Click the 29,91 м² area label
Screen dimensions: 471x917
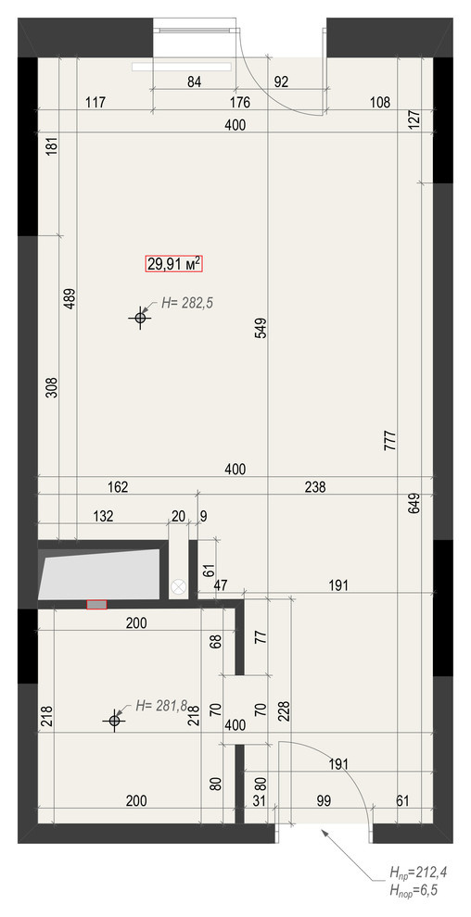[x=174, y=264]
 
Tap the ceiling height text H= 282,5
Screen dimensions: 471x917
[x=186, y=303]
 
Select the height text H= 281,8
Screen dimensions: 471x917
[x=161, y=705]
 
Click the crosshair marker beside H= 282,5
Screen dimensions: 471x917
[x=140, y=318]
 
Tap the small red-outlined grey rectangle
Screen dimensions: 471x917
[x=96, y=604]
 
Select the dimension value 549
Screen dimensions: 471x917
[x=261, y=329]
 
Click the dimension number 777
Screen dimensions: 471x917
[x=391, y=440]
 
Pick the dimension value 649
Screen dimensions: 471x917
[x=415, y=504]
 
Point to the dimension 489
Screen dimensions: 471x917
[x=70, y=298]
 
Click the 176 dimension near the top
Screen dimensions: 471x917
[x=240, y=103]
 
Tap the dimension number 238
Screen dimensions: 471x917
[x=315, y=486]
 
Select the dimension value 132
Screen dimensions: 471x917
[x=104, y=516]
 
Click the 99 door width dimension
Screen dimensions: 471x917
[x=324, y=800]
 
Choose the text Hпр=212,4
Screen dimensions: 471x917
[x=418, y=873]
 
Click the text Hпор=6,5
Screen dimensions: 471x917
[x=414, y=890]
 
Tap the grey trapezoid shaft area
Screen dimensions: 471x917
[x=99, y=574]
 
